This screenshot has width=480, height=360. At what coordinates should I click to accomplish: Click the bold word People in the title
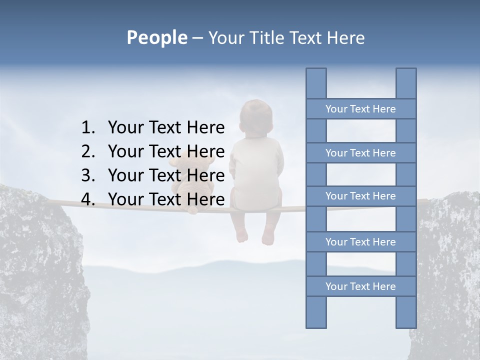click(x=156, y=37)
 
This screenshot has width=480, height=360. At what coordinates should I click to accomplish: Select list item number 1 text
click(x=166, y=127)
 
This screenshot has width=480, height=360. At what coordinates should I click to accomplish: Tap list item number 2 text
click(x=166, y=151)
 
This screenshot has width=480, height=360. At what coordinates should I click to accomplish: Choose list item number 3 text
click(x=166, y=175)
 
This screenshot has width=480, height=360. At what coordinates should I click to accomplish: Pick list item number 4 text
click(x=166, y=199)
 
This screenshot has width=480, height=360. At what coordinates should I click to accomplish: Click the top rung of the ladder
click(x=360, y=109)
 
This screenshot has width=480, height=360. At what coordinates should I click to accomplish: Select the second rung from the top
click(x=360, y=153)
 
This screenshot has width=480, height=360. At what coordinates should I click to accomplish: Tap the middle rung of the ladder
click(x=360, y=196)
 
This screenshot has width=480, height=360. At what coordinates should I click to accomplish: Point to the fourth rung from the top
click(x=360, y=242)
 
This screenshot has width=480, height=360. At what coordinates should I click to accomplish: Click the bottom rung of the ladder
click(x=360, y=286)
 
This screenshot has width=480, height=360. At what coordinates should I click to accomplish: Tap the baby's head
click(x=255, y=117)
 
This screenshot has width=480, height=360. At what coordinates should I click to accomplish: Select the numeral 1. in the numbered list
click(x=88, y=127)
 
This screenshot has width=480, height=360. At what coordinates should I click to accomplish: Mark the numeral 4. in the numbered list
click(x=88, y=199)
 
